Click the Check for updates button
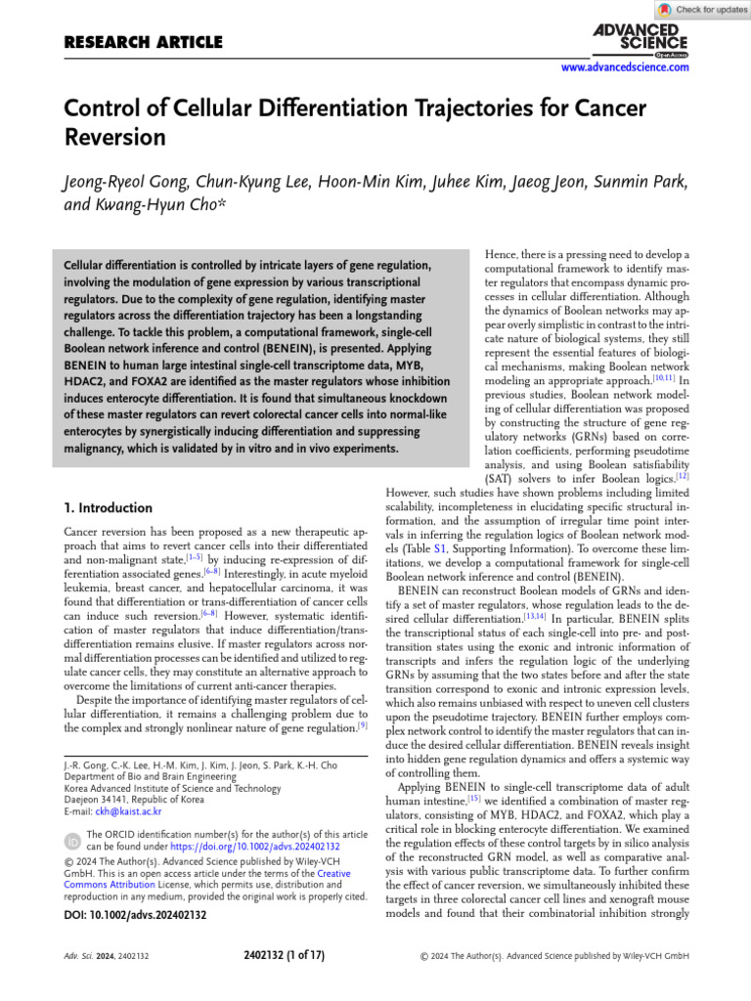coord(703,10)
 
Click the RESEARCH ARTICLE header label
coord(143,42)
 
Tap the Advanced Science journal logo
coord(640,38)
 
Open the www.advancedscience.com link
coord(625,67)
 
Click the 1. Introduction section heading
coord(108,508)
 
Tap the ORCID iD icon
coord(72,841)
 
